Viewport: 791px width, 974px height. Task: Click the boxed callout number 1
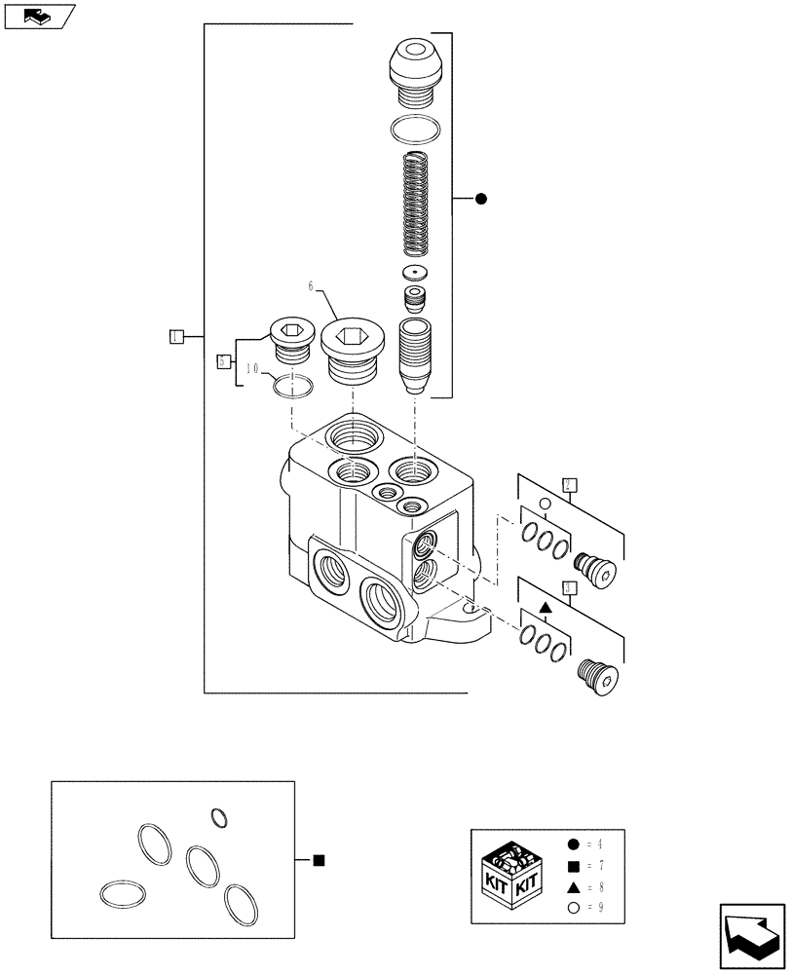175,337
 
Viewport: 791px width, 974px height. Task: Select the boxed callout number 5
224,361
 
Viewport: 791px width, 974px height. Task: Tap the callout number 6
312,286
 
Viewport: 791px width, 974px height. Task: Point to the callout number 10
251,369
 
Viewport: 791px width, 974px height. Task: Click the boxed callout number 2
570,484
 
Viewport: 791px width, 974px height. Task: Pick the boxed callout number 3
570,587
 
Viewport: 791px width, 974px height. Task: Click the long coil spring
416,205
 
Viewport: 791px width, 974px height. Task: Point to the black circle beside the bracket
480,200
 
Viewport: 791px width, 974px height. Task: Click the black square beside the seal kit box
318,860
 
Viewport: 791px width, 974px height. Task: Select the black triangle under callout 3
546,608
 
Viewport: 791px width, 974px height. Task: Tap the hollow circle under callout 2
546,505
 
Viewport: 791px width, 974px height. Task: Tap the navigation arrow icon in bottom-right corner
751,937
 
